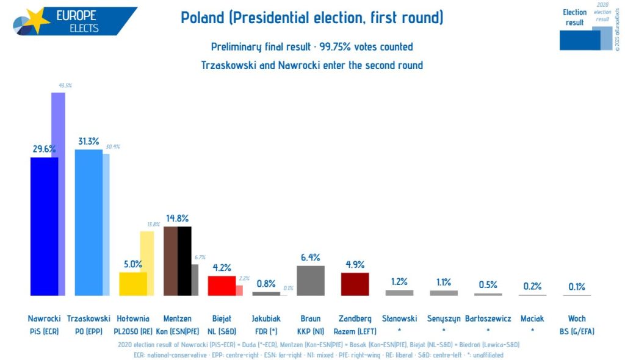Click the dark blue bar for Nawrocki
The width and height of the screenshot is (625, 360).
click(44, 226)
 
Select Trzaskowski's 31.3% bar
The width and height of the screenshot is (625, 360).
click(88, 222)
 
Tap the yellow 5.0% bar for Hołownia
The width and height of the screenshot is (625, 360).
click(132, 284)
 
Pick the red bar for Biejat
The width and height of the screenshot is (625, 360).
click(222, 286)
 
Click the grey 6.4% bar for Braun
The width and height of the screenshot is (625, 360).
click(310, 281)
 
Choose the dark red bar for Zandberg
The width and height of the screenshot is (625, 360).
click(355, 284)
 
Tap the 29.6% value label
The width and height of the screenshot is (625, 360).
click(45, 149)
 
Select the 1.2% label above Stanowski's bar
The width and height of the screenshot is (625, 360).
click(399, 282)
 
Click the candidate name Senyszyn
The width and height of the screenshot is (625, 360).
click(443, 319)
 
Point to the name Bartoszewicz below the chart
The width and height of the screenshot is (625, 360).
click(488, 319)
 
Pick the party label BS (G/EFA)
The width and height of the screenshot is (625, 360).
click(576, 331)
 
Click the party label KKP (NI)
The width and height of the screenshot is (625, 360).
click(310, 331)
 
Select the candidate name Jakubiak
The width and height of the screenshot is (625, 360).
click(266, 319)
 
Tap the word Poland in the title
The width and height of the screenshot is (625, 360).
click(202, 18)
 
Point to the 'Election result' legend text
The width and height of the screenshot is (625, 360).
click(575, 17)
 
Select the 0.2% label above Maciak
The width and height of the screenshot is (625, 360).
click(532, 286)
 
